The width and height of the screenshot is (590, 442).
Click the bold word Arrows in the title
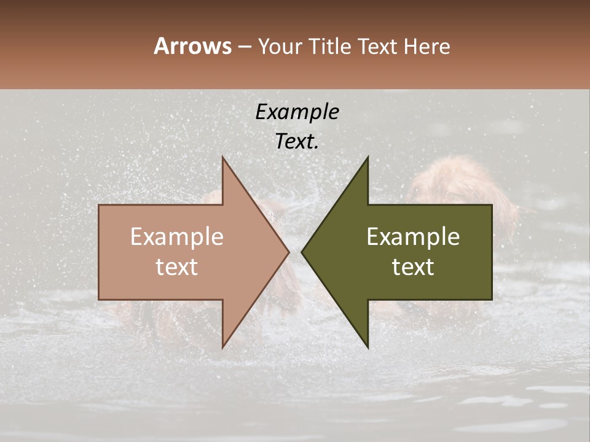(192, 46)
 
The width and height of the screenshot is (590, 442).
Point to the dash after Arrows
(245, 47)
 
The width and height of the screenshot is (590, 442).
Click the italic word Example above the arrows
(297, 112)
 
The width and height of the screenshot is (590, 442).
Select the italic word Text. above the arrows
(297, 141)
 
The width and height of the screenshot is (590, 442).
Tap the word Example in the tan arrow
(177, 237)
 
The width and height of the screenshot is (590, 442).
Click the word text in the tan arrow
(177, 267)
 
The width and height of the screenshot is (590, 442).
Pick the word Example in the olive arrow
(413, 237)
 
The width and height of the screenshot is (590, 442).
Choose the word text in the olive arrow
(413, 267)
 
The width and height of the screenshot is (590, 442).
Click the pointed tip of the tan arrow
(289, 252)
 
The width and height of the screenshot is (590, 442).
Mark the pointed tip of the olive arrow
(302, 252)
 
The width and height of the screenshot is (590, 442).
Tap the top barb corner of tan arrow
(222, 157)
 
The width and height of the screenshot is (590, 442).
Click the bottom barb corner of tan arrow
(222, 348)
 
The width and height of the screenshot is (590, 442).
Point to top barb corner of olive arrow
(368, 157)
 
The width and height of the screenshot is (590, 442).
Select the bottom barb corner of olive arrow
(368, 348)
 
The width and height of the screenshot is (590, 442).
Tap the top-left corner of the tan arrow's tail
(99, 205)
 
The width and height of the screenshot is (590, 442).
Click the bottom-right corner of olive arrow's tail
(492, 300)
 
